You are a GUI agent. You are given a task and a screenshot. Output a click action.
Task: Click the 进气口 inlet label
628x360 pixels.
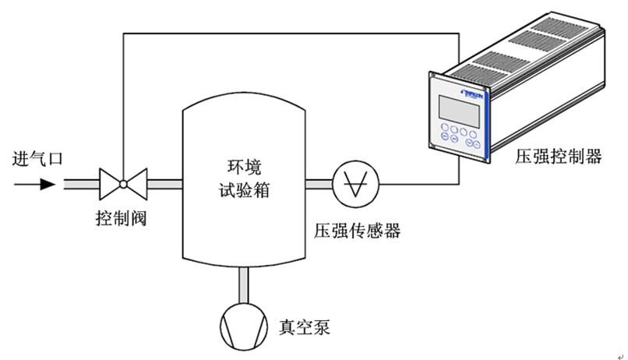coord(37,160)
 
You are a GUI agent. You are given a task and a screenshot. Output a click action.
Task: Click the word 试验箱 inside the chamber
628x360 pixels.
coord(243,190)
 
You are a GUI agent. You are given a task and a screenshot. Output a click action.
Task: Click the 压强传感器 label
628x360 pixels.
coord(356,231)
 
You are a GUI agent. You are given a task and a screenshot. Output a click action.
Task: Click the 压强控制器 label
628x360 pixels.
coord(558,157)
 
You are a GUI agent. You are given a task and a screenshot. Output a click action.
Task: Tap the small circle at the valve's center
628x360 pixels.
coord(122,185)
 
